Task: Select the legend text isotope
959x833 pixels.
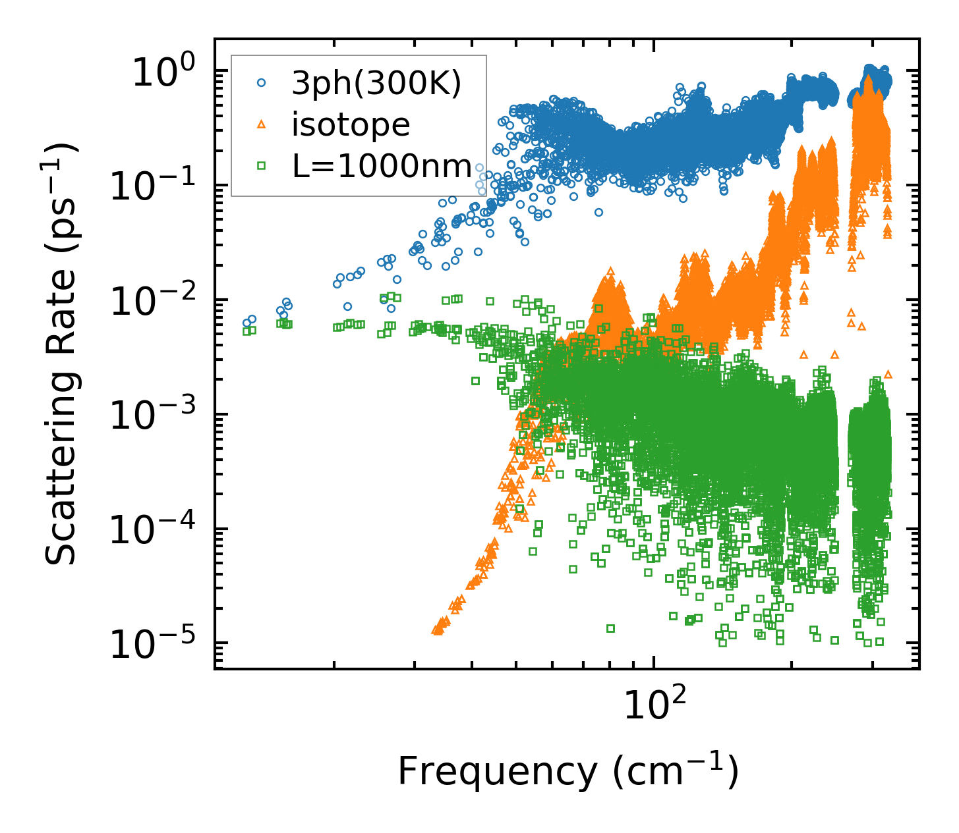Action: [x=351, y=125]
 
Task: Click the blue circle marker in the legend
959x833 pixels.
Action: [x=262, y=83]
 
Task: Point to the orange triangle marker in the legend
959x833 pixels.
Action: [x=262, y=124]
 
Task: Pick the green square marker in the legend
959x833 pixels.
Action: [x=262, y=166]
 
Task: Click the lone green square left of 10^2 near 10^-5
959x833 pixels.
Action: [x=610, y=628]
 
